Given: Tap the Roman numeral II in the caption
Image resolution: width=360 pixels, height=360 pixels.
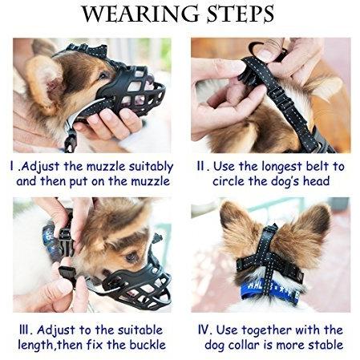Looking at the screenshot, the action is pos(200,166).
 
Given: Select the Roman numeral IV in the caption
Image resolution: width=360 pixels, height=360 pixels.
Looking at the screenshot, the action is pos(205,330).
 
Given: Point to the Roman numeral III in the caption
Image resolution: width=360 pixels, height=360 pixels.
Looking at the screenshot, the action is pos(25,330).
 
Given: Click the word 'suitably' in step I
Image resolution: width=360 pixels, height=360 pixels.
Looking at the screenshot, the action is pos(151,167).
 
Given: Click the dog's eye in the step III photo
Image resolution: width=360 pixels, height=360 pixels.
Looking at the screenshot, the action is pos(131,257).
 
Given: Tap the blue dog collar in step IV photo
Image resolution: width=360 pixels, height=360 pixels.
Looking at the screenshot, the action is pos(270,290).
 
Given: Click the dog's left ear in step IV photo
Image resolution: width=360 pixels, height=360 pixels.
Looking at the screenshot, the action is pos(238,236).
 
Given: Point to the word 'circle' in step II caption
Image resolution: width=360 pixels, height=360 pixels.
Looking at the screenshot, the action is pos(229,181).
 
